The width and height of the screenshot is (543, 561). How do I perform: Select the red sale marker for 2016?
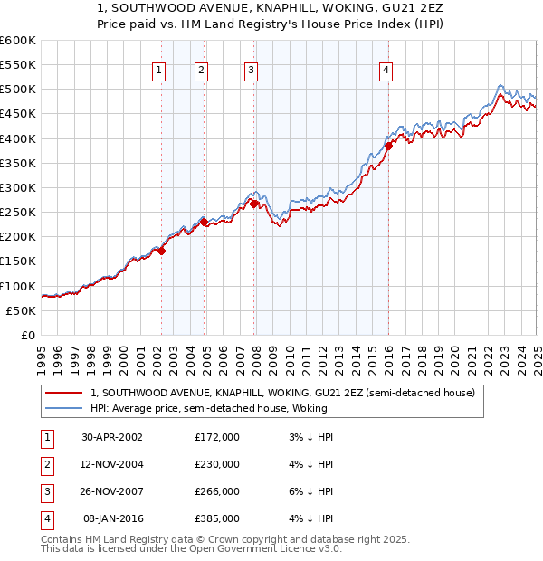(x=388, y=146)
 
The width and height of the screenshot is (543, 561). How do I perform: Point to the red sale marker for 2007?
(x=254, y=204)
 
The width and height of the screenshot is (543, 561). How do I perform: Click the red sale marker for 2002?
(x=162, y=251)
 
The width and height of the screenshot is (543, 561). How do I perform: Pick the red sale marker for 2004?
(x=205, y=222)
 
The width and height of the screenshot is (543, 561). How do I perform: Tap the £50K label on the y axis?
(x=21, y=310)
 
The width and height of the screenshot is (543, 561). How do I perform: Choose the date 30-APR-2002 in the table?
(x=112, y=436)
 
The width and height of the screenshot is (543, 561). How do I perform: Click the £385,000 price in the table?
(x=217, y=518)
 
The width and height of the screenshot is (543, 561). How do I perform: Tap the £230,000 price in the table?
(x=217, y=464)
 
